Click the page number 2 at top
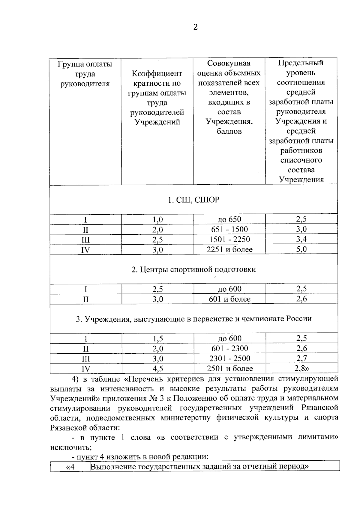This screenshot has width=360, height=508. (x=196, y=27)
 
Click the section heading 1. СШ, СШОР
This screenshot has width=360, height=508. (x=193, y=200)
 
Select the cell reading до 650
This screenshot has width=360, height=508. (x=229, y=219)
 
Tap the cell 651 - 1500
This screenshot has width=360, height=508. (x=229, y=230)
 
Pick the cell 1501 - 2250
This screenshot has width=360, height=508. (x=229, y=239)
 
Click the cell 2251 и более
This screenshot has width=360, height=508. (x=229, y=249)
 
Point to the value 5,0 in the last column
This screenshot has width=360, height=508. (x=301, y=249)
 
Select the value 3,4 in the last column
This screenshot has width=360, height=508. (x=301, y=239)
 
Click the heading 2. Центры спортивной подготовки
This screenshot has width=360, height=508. (x=193, y=269)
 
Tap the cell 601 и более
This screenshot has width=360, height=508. (x=229, y=299)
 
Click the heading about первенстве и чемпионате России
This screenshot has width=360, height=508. (x=193, y=319)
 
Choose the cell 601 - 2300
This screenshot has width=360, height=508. (x=229, y=348)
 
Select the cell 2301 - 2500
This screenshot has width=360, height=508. (x=229, y=358)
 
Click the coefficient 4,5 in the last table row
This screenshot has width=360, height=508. (x=158, y=368)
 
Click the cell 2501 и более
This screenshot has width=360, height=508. (x=229, y=368)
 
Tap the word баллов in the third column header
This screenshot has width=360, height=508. (x=229, y=131)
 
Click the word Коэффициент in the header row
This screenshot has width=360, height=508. (x=157, y=73)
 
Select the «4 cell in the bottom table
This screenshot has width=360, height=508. (x=70, y=467)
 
